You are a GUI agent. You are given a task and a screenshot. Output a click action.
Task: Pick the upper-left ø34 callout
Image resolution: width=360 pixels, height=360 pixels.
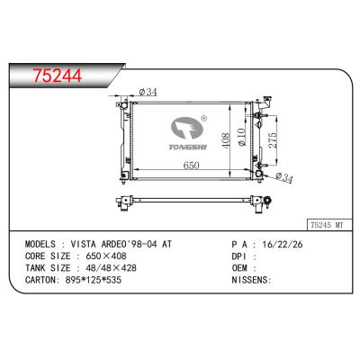pyautogui.click(x=148, y=92)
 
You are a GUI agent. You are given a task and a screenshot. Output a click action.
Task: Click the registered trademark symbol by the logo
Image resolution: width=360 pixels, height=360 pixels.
pyautogui.click(x=204, y=118)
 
